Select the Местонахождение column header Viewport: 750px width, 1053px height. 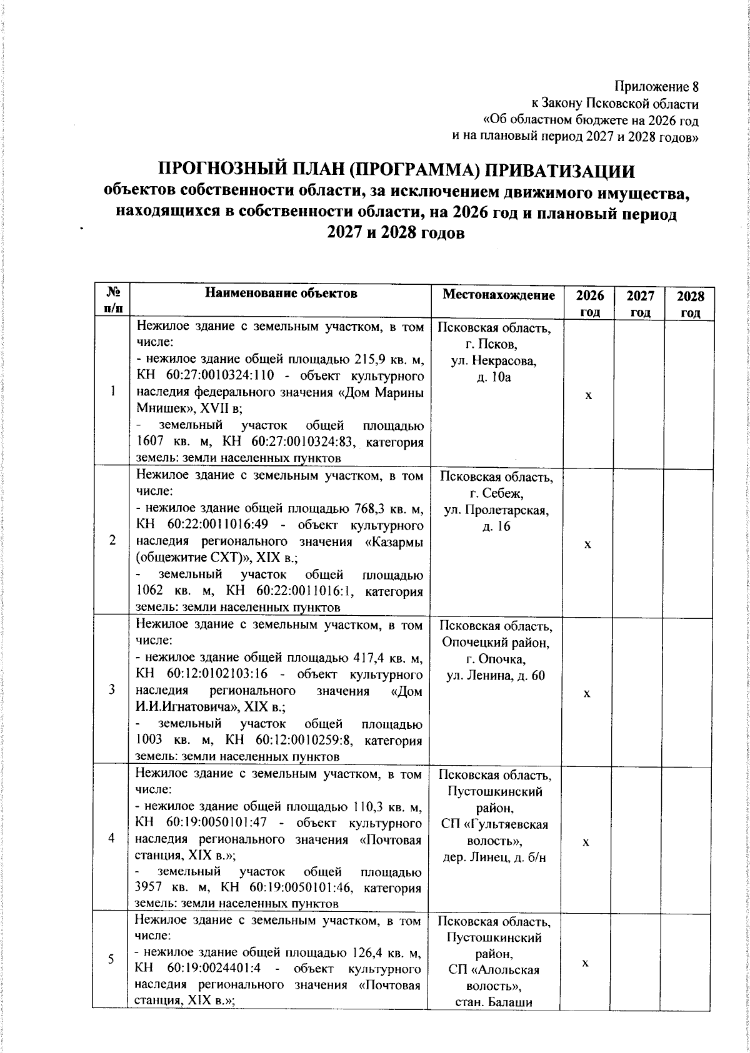[498, 294]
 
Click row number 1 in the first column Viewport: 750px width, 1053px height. [112, 391]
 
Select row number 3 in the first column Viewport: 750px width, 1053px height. [112, 689]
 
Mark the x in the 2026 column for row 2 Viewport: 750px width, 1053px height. [587, 545]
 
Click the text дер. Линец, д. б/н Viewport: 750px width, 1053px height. [494, 857]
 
